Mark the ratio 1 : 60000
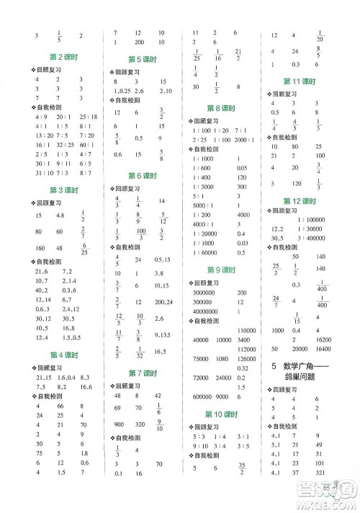[x=207, y=253]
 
